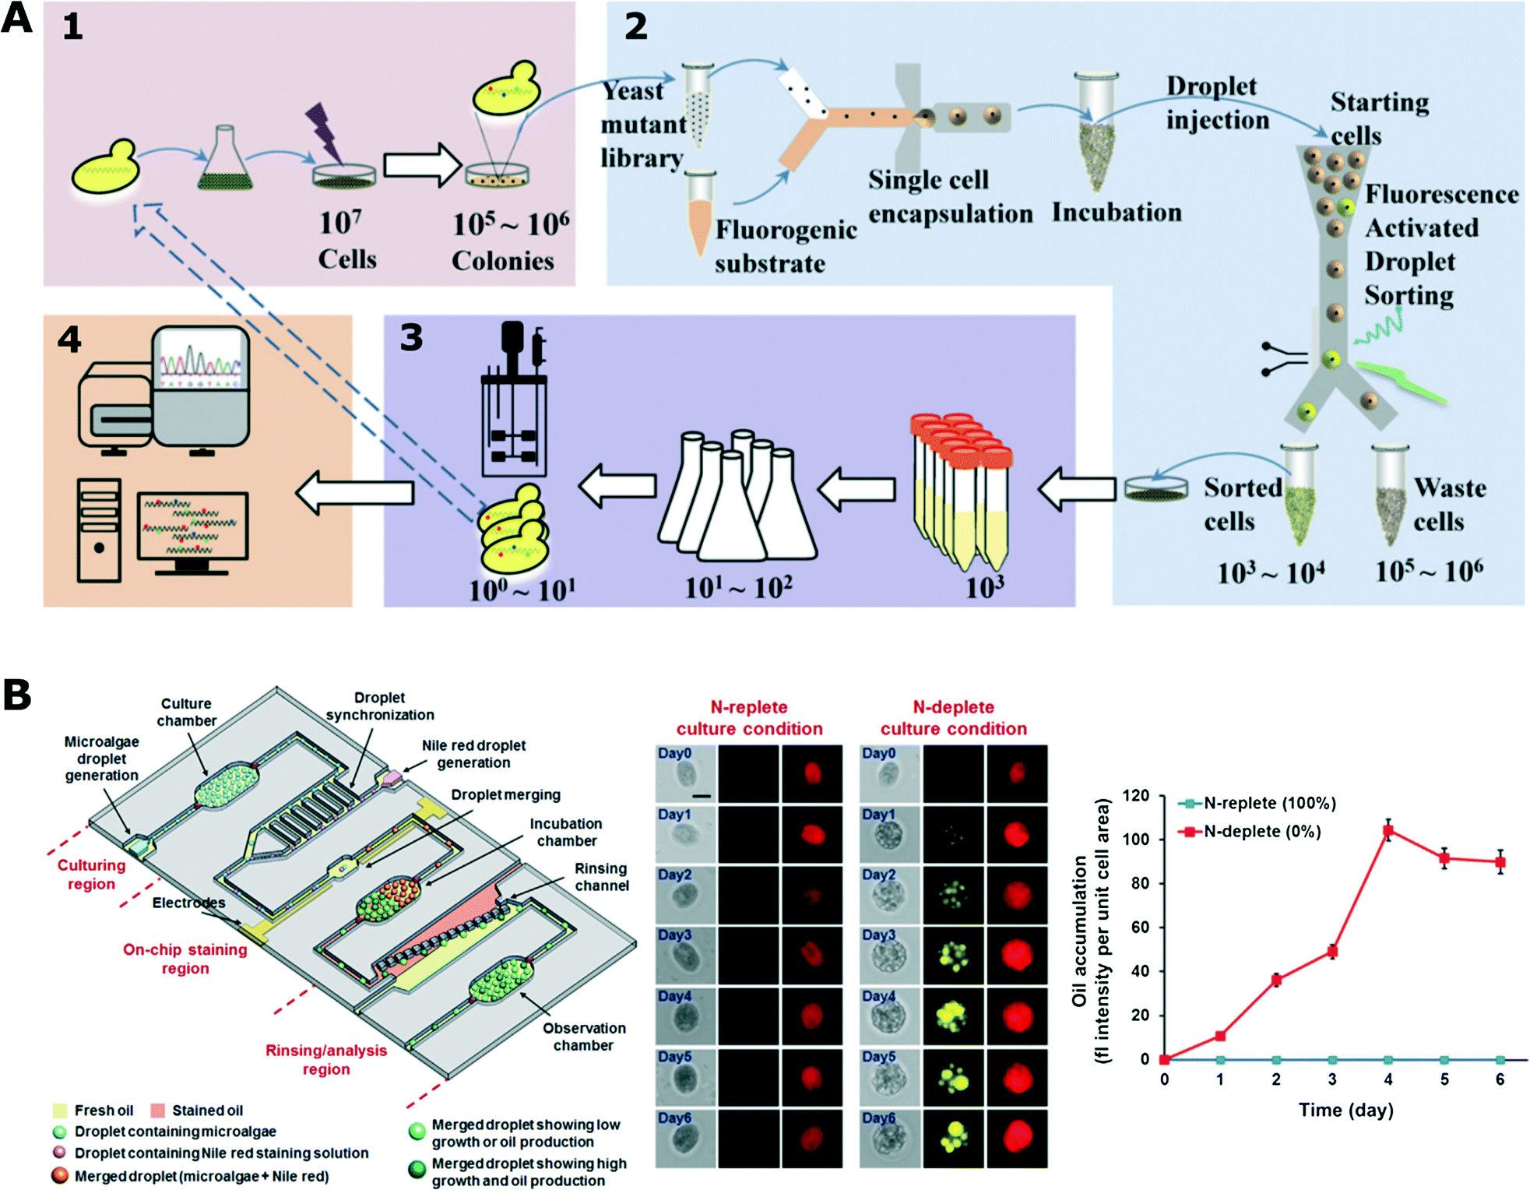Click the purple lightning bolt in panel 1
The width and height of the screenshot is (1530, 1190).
pyautogui.click(x=323, y=132)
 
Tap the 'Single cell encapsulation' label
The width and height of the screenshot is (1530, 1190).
pyautogui.click(x=949, y=196)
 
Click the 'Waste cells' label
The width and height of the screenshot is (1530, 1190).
pyautogui.click(x=1449, y=504)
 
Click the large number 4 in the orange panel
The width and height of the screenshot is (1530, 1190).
pyautogui.click(x=69, y=340)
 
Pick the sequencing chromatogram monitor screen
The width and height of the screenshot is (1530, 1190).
pyautogui.click(x=201, y=359)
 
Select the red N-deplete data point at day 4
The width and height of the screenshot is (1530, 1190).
pyautogui.click(x=1388, y=831)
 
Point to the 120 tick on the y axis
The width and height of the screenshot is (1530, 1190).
pyautogui.click(x=1136, y=796)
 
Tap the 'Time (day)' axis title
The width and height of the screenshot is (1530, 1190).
pyautogui.click(x=1345, y=1110)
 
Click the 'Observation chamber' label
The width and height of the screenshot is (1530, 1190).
pyautogui.click(x=583, y=1037)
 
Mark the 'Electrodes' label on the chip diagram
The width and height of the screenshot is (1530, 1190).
pyautogui.click(x=188, y=903)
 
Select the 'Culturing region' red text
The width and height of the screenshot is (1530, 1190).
pyautogui.click(x=91, y=875)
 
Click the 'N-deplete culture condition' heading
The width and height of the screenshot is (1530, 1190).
pyautogui.click(x=953, y=718)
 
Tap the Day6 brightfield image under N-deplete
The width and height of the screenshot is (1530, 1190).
pyautogui.click(x=889, y=1139)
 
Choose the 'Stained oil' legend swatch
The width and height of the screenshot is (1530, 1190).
pyautogui.click(x=159, y=1111)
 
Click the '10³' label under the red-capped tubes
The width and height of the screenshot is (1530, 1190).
pyautogui.click(x=984, y=586)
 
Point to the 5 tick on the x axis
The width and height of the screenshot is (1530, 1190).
pyautogui.click(x=1444, y=1079)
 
